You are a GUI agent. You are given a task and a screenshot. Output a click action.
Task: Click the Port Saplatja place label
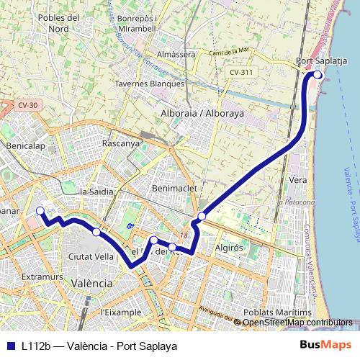(322, 61)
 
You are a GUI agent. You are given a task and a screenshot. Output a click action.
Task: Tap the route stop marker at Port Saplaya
(318, 74)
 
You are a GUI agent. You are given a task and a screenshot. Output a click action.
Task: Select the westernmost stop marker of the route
(40, 210)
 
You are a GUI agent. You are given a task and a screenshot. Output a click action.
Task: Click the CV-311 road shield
(241, 73)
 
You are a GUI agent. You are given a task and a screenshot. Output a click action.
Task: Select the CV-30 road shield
(28, 105)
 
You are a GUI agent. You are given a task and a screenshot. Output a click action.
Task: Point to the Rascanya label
(121, 143)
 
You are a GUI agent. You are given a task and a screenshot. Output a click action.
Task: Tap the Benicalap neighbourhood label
(25, 145)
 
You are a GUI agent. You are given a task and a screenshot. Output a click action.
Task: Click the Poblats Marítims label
(277, 312)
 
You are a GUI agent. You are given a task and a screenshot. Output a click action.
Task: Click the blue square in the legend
(10, 346)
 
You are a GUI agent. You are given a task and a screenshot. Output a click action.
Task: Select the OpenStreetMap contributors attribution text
(297, 323)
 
